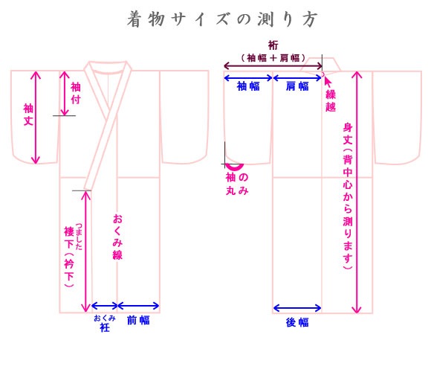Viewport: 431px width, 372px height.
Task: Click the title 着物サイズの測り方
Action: pos(222,19)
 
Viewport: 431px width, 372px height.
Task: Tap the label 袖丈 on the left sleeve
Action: pos(28,115)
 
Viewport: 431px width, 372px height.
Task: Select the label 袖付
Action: pos(76,93)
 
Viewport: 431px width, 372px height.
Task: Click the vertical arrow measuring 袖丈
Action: pos(36,118)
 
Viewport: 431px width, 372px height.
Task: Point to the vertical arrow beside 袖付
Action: pos(65,93)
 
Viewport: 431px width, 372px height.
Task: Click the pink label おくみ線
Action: pos(117,237)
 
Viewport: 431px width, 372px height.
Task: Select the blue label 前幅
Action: pos(138,320)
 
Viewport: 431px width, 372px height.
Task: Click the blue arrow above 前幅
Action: pos(138,306)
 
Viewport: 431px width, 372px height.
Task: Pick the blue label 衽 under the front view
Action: pos(105,327)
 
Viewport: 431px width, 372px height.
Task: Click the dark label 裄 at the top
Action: pos(273,45)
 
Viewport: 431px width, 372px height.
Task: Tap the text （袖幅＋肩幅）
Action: pos(273,58)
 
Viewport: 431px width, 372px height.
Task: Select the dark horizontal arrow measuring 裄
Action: pos(273,66)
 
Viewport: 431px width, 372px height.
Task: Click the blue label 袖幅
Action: pos(248,86)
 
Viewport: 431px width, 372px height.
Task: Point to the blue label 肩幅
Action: pos(297,86)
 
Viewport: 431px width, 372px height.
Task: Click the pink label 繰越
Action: pos(331,100)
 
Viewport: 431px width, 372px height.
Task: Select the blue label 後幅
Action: pos(297,322)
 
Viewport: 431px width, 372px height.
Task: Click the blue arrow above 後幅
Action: pos(297,308)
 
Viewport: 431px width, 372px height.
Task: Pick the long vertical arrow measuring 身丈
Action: pos(357,193)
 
